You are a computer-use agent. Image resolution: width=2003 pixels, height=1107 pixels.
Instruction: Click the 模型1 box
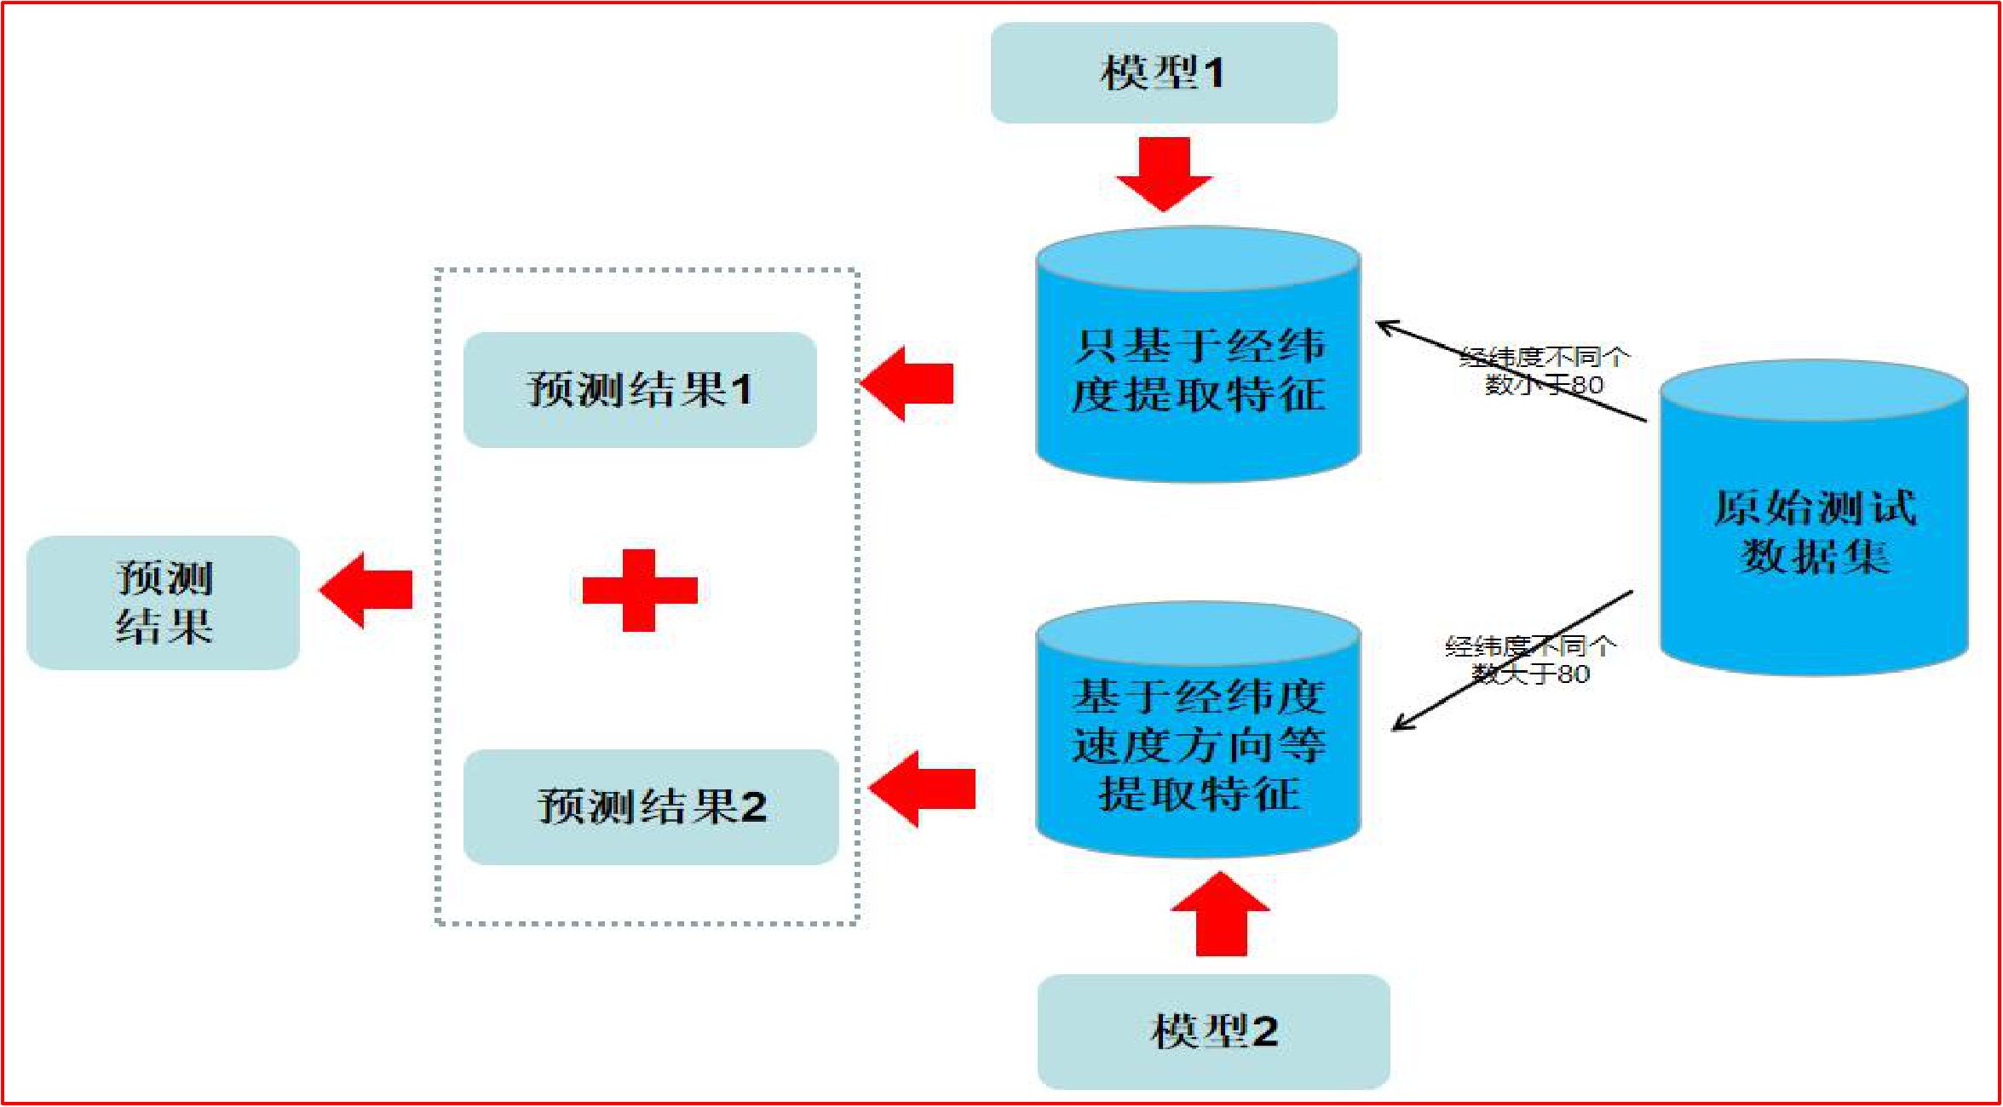(1163, 72)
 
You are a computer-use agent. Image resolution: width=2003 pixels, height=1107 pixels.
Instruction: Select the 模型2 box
(1213, 1031)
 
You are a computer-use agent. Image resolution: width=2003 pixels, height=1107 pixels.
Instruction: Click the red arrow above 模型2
(1221, 915)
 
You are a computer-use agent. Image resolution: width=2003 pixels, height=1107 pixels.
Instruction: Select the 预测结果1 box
(640, 390)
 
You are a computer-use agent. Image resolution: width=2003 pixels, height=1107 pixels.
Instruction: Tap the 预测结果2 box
(651, 806)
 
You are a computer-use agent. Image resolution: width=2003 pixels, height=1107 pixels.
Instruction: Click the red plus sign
(640, 590)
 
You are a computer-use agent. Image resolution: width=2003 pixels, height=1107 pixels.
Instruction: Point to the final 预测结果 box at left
(164, 602)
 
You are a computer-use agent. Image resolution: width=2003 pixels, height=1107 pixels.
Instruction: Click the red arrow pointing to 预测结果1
(907, 383)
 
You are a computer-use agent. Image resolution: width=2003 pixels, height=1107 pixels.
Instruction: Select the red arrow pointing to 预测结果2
(922, 789)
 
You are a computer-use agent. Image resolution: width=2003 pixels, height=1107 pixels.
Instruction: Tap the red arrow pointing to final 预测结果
(366, 590)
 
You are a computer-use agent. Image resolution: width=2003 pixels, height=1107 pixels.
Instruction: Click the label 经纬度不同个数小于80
(1544, 370)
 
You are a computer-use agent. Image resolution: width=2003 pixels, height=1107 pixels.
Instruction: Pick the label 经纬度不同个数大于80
(1530, 660)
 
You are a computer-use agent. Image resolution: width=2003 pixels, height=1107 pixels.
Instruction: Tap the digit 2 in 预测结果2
(753, 807)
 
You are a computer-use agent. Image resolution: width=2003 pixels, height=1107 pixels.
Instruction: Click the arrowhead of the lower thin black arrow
(1398, 726)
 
